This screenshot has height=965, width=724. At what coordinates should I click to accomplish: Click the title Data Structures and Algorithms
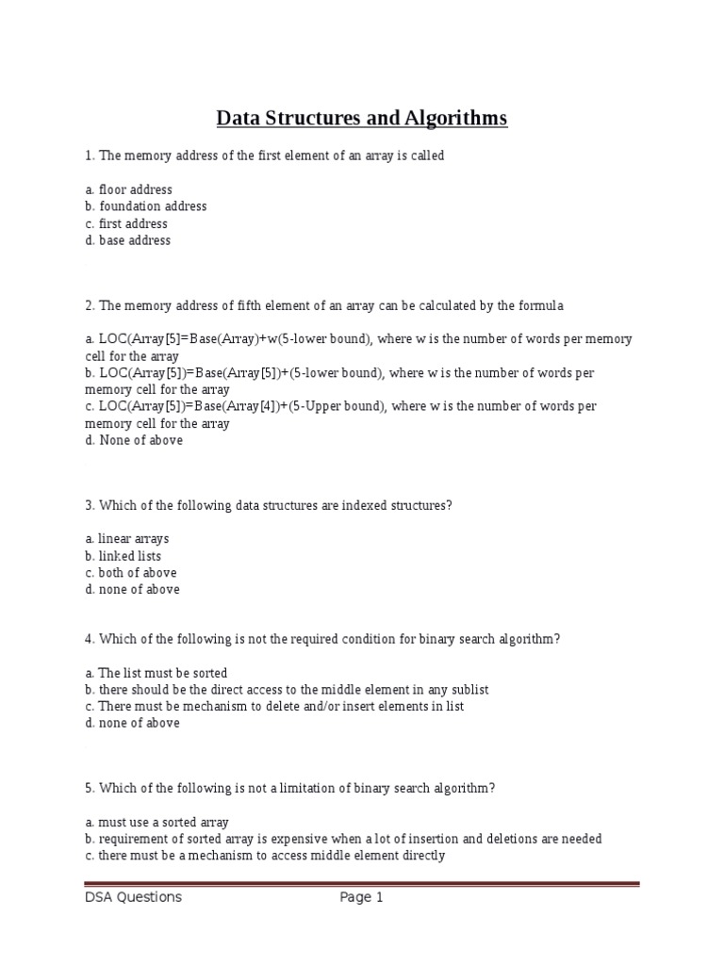coord(362,118)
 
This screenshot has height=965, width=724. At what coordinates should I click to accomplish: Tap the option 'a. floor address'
coord(128,189)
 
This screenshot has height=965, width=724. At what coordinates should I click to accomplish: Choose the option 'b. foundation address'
coord(145,206)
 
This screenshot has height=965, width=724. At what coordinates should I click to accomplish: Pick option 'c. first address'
coord(126,223)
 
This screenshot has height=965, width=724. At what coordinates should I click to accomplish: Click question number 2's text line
coord(324,305)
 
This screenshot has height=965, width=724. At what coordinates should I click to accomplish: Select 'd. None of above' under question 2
coord(134,440)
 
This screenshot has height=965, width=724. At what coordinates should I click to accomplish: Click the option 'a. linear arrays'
coord(127,539)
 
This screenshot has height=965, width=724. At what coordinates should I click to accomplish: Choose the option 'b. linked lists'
coord(123,556)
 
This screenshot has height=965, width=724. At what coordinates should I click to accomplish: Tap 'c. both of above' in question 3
coord(130,573)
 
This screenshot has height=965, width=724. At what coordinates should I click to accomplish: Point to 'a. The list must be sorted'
coord(156,673)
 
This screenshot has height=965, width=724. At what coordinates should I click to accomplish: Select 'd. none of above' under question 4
coord(132,724)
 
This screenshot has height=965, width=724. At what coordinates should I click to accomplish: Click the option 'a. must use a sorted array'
coord(156,823)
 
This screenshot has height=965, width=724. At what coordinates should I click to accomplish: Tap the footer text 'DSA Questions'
coord(133,898)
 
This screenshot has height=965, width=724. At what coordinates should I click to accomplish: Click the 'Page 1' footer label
coord(361,898)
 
